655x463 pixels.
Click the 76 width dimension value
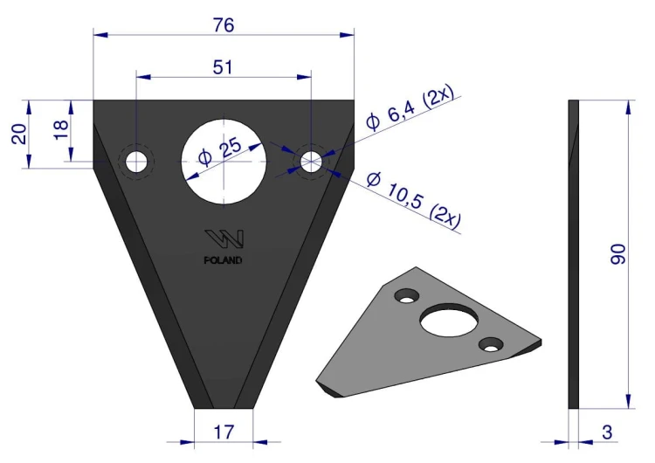click(224, 25)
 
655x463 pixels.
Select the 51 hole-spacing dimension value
click(223, 67)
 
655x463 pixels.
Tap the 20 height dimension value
click(19, 135)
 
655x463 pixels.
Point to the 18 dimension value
click(61, 129)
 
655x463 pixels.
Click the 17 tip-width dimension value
click(224, 432)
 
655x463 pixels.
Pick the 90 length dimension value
click(617, 254)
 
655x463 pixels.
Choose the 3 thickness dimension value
click(607, 432)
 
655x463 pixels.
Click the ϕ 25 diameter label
click(220, 151)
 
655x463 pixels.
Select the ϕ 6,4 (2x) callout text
click(410, 108)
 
